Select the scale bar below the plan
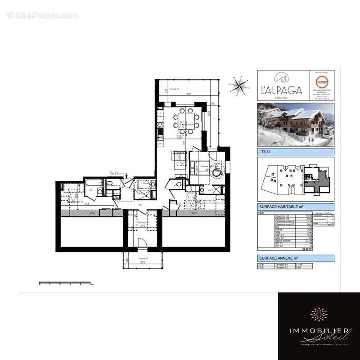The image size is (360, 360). [x=66, y=283]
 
